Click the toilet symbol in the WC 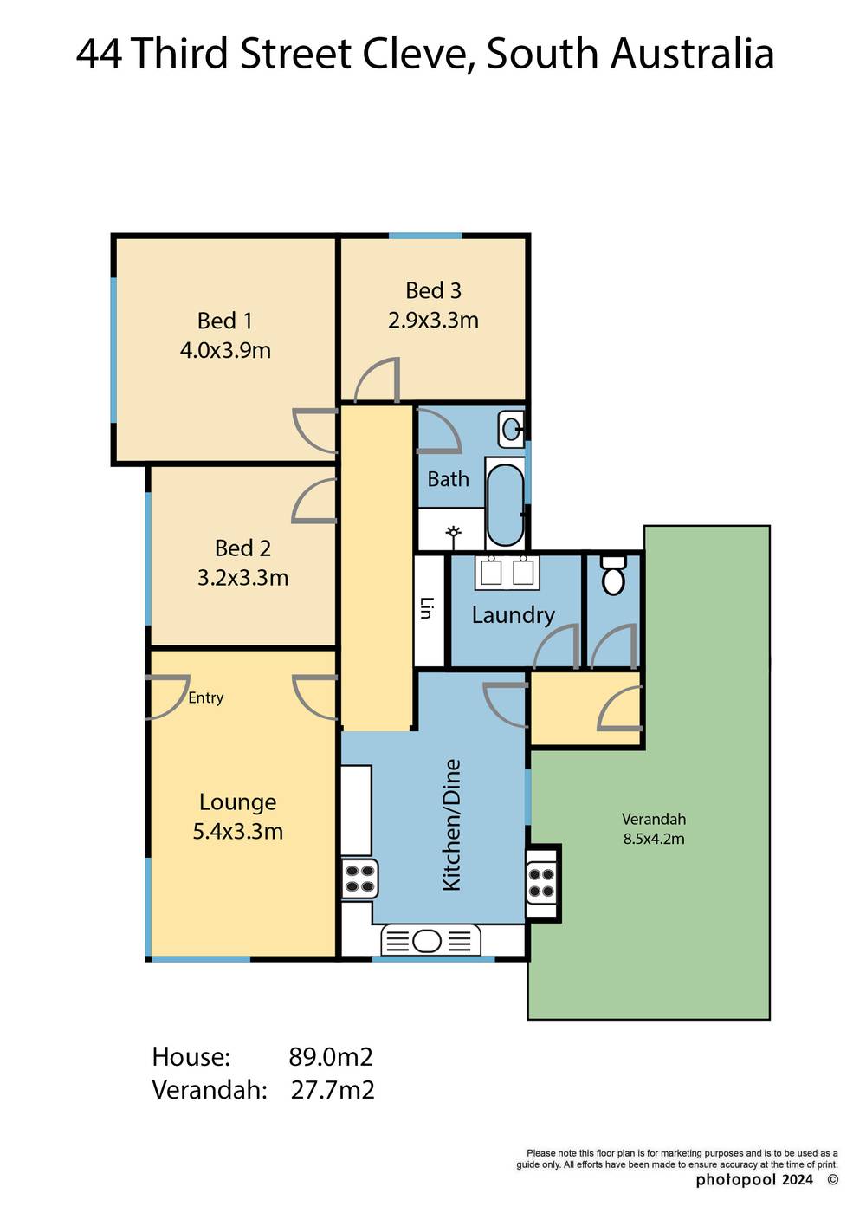click(613, 575)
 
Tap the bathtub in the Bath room click(505, 503)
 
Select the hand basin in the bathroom click(512, 427)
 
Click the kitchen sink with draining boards click(430, 940)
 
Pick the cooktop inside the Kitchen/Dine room click(359, 879)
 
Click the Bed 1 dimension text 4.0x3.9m click(225, 350)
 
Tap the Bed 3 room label click(433, 290)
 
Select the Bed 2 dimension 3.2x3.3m click(242, 578)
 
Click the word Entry click(205, 697)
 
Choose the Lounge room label click(237, 802)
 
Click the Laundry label click(513, 615)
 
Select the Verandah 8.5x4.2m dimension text click(654, 839)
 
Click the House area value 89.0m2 click(330, 1057)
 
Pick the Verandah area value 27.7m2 click(333, 1090)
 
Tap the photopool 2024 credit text click(754, 1180)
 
